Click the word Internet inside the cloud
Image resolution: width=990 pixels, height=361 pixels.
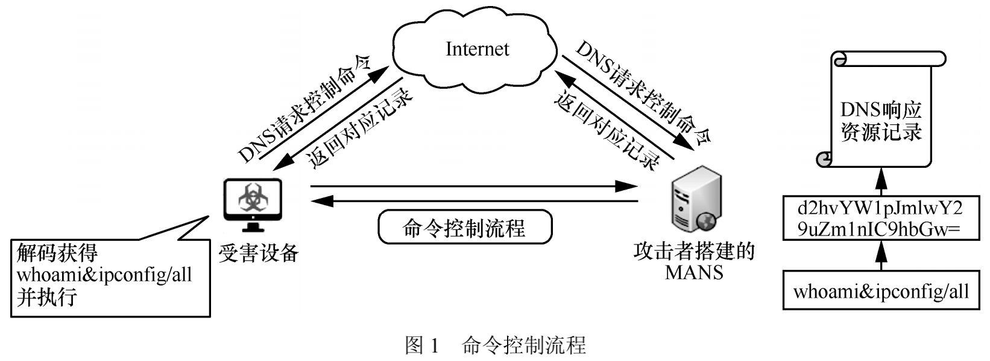(x=477, y=49)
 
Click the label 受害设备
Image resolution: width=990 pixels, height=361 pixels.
(x=258, y=253)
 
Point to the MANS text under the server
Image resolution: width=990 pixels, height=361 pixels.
(x=693, y=272)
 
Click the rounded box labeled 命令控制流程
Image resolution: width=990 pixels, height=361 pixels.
(x=464, y=227)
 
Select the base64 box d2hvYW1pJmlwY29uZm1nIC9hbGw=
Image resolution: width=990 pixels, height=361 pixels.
(x=881, y=218)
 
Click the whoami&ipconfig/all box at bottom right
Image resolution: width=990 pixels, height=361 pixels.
(x=881, y=292)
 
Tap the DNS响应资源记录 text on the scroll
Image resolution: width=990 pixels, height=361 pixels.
(x=881, y=121)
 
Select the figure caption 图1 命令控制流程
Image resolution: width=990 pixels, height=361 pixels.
(x=495, y=346)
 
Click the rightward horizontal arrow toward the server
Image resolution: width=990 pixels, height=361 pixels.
(x=473, y=187)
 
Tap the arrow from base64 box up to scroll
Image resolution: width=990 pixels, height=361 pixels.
(x=881, y=180)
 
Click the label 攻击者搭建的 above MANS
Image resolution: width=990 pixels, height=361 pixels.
(x=693, y=252)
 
